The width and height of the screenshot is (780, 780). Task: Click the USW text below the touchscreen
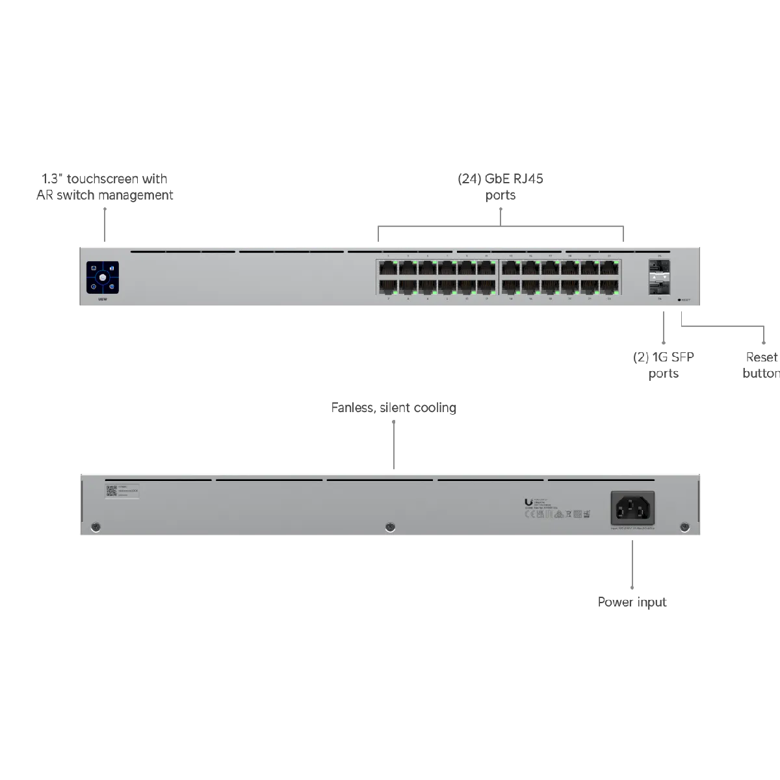[x=103, y=300]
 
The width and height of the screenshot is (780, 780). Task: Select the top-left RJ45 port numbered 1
[x=389, y=267]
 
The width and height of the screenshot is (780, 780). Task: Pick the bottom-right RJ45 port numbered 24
[x=609, y=285]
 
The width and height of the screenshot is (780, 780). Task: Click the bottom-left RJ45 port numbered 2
[x=389, y=285]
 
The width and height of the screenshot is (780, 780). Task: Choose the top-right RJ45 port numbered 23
[x=609, y=267]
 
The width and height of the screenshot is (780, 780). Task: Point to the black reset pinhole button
[x=679, y=300]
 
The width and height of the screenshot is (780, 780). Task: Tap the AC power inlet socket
[x=632, y=508]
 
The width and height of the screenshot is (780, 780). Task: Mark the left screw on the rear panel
[x=96, y=526]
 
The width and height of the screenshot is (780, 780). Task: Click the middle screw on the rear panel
[x=389, y=526]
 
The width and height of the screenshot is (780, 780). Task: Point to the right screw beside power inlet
[x=683, y=526]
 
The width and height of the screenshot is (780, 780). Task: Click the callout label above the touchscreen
[x=106, y=185]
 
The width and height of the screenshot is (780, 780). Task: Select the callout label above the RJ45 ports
[x=501, y=185]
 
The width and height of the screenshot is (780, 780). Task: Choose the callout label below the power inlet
[x=633, y=603]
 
